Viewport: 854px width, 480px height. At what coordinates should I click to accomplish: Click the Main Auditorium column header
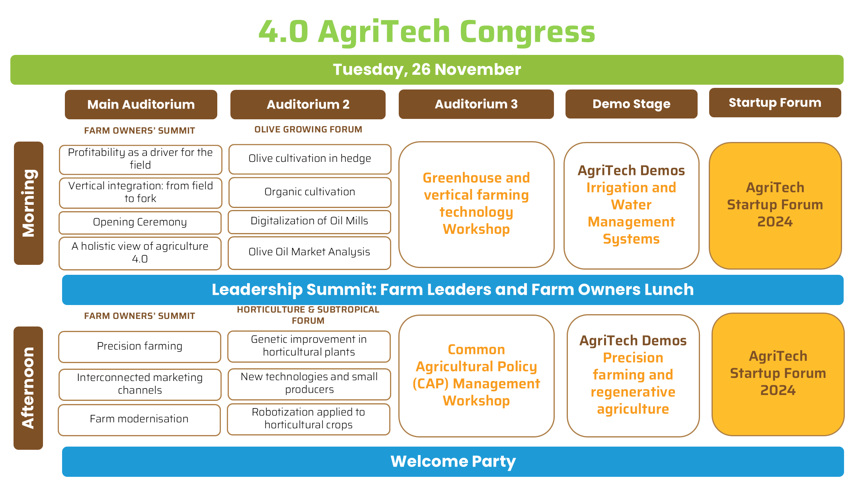[x=141, y=104]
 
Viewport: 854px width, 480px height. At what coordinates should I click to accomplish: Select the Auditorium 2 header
[x=308, y=104]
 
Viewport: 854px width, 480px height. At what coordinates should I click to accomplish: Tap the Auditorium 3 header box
[x=476, y=104]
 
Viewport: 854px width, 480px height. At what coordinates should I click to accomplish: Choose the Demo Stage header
[x=631, y=104]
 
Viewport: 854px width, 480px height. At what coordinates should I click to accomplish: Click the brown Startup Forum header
[x=775, y=103]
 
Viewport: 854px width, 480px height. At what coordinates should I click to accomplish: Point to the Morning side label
[x=29, y=203]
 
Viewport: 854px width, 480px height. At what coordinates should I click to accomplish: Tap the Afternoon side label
[x=28, y=388]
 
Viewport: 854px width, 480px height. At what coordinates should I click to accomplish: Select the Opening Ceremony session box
[x=140, y=222]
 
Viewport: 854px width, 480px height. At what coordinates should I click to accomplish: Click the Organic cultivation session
[x=310, y=192]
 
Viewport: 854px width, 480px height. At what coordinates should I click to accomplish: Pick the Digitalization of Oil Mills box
[x=309, y=222]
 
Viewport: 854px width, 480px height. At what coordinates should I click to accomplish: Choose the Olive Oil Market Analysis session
[x=309, y=253]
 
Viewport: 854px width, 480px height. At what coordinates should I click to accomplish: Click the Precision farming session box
[x=140, y=346]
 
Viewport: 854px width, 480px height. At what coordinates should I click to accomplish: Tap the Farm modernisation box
[x=139, y=420]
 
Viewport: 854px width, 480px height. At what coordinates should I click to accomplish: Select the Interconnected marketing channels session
[x=140, y=384]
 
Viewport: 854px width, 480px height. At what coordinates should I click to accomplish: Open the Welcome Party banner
[x=453, y=462]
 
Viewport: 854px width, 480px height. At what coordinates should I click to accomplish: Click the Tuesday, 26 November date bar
[x=427, y=70]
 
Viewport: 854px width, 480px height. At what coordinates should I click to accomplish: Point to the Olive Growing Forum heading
[x=308, y=130]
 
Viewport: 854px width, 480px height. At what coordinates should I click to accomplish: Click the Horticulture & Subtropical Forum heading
[x=308, y=315]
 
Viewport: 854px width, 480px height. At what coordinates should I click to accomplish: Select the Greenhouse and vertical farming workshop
[x=476, y=204]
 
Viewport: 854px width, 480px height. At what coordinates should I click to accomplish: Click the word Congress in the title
[x=528, y=32]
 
